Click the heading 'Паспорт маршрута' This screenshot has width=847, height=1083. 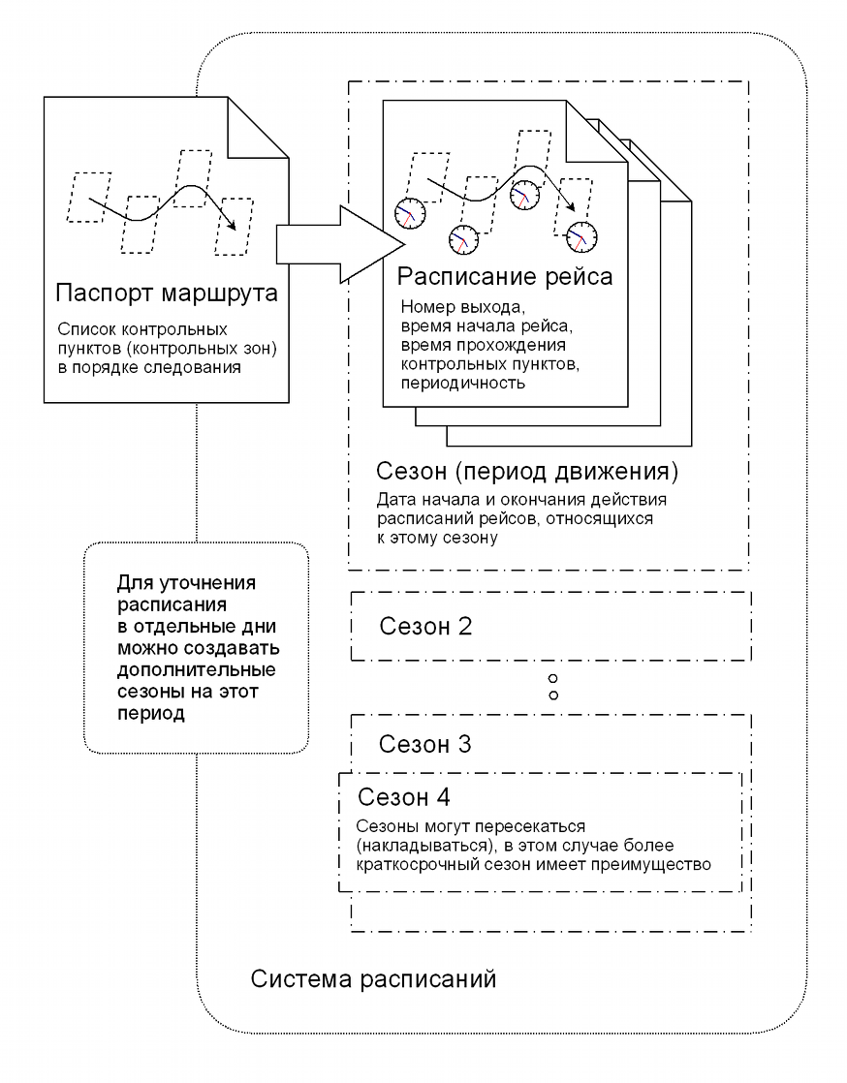point(167,293)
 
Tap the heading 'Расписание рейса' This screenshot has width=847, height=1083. point(504,276)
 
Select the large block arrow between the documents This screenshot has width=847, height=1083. point(340,244)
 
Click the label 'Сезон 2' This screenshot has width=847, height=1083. point(425,627)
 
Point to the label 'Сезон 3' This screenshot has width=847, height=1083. point(424,745)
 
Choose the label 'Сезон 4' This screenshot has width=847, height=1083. point(403,797)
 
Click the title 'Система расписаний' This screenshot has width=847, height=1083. point(373,978)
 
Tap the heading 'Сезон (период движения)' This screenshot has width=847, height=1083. point(527,471)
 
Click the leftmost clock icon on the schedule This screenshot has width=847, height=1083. point(410,213)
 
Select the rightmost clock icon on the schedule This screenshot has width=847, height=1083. point(581,237)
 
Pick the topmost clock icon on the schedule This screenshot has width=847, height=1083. point(524,194)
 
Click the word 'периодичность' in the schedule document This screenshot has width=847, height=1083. point(463,383)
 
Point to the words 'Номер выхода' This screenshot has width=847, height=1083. point(462,307)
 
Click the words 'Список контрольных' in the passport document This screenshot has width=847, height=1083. point(142,329)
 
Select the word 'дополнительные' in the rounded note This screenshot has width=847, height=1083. point(196,670)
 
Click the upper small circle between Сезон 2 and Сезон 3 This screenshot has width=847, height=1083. point(552,680)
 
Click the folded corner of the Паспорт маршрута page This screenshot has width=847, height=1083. point(259,128)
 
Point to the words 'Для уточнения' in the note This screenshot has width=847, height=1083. point(186,583)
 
